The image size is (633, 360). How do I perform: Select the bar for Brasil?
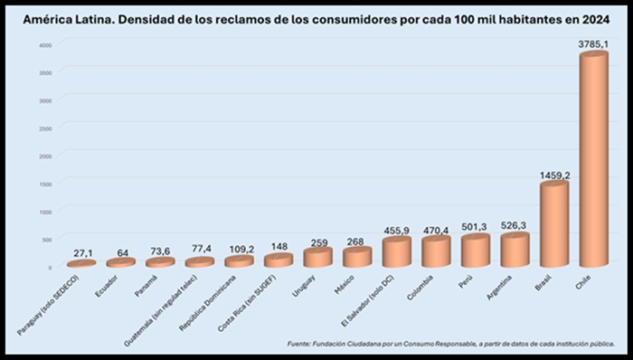pos(553,225)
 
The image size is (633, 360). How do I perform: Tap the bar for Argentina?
pos(515,251)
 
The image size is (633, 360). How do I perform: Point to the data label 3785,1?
pos(594,43)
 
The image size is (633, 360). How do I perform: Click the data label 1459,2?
pos(554,173)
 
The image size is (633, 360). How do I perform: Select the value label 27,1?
pos(81,252)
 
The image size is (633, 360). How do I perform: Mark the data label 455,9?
pos(396,230)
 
